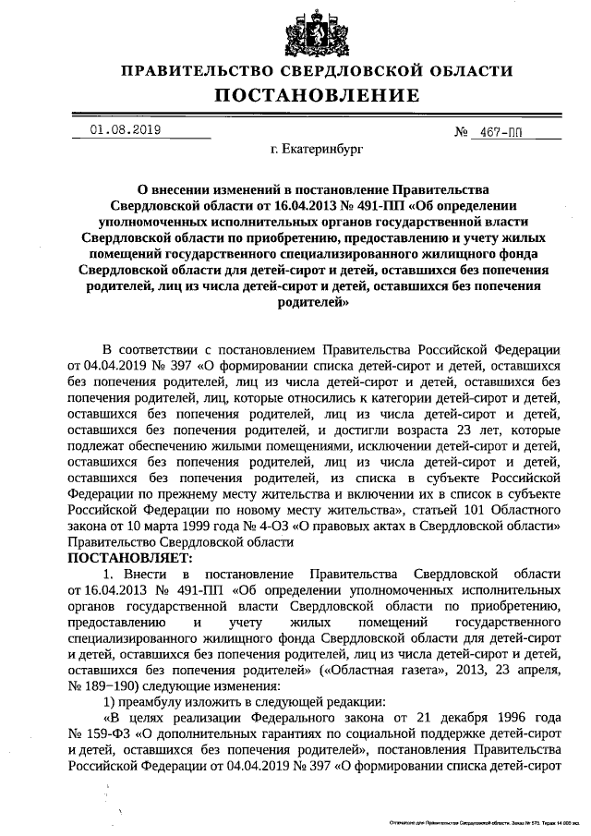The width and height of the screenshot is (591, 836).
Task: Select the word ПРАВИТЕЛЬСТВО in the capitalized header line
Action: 201,71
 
